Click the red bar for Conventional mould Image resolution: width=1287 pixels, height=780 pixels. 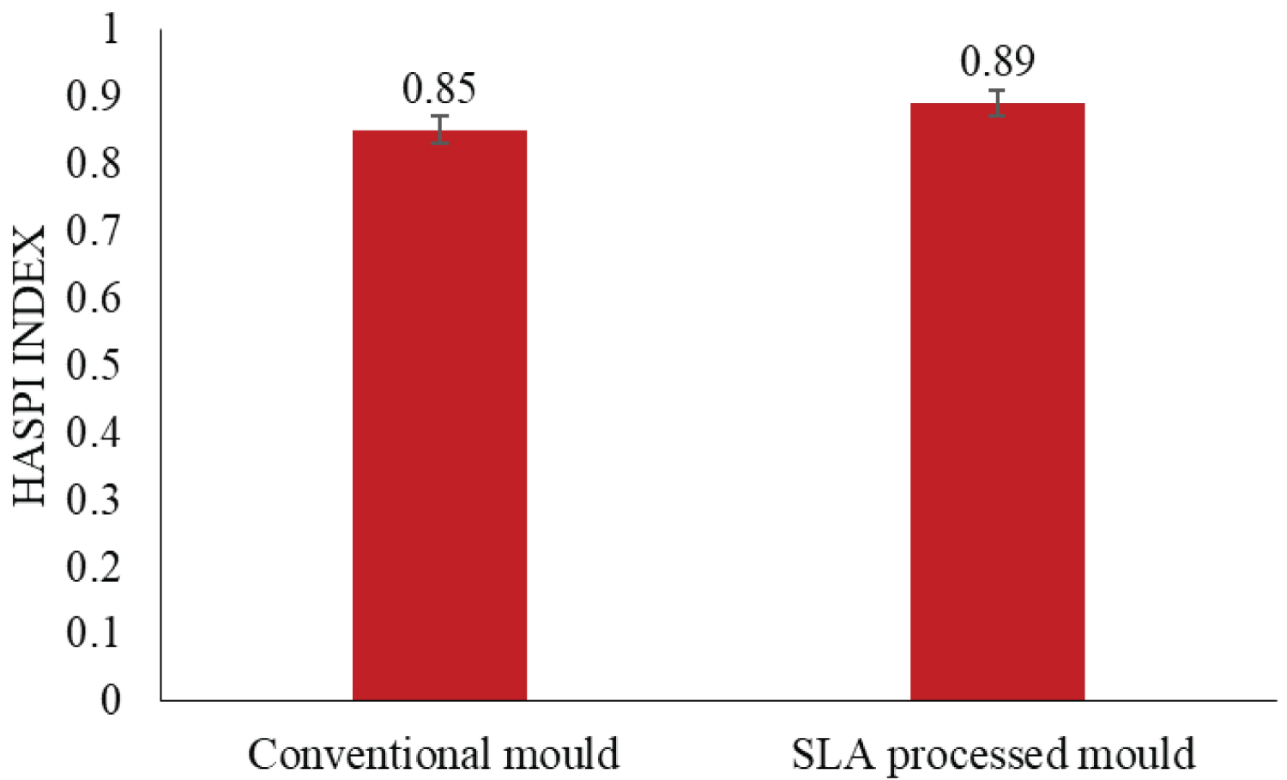439,415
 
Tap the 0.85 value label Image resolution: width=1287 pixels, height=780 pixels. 439,88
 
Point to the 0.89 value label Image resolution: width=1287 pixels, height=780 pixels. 997,61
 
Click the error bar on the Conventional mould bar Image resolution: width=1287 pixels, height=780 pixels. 439,130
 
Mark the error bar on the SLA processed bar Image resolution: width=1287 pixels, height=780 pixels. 996,103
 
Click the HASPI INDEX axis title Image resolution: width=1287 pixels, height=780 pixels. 31,366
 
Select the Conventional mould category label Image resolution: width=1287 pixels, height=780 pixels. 433,754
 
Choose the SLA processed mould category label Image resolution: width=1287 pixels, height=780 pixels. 993,754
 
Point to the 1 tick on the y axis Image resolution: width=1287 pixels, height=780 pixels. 111,29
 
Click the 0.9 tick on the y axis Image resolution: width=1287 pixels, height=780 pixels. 94,97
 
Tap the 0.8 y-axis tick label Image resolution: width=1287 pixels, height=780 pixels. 94,164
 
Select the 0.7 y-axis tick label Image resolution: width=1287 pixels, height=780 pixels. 94,231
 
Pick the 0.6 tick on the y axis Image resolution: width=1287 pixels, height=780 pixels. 94,298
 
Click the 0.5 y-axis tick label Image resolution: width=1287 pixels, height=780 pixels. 94,365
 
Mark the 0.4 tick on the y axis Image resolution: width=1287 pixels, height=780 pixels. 94,432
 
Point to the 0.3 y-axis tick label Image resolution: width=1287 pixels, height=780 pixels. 94,499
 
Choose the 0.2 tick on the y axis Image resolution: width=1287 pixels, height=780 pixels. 94,565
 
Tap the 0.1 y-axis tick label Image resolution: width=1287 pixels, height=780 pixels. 94,632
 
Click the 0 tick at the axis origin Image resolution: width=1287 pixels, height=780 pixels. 111,700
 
